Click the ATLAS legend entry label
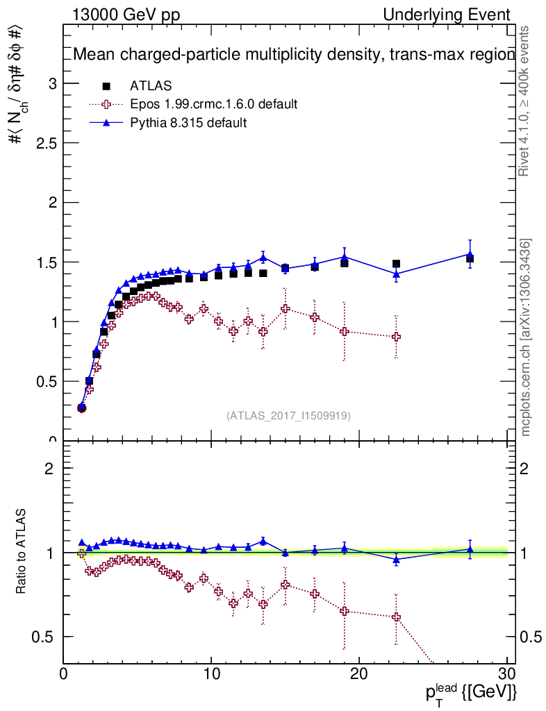tap(151, 86)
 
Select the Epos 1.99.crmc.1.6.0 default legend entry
tap(213, 104)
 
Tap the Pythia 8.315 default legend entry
tap(188, 123)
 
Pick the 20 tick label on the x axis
tap(358, 675)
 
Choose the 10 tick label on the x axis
tap(211, 675)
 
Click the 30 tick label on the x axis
tap(506, 675)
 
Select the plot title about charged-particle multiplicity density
tap(294, 55)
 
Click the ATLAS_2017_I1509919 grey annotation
tap(288, 416)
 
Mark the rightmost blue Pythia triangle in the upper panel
tap(470, 254)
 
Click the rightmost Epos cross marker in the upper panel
tap(397, 337)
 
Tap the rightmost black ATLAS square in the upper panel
tap(470, 258)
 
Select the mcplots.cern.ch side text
tap(527, 337)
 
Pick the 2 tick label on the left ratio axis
tap(49, 468)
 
